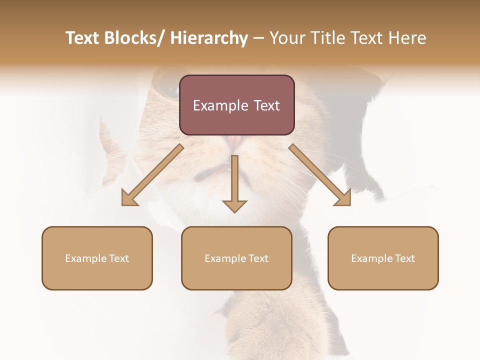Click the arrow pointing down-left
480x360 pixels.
coord(152,175)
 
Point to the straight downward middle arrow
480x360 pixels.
coord(234,182)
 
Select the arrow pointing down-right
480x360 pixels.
coord(320,175)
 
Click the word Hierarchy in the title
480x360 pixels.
coord(209,38)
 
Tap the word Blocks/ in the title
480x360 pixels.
coord(138,38)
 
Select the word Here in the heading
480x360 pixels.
coord(409,38)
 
